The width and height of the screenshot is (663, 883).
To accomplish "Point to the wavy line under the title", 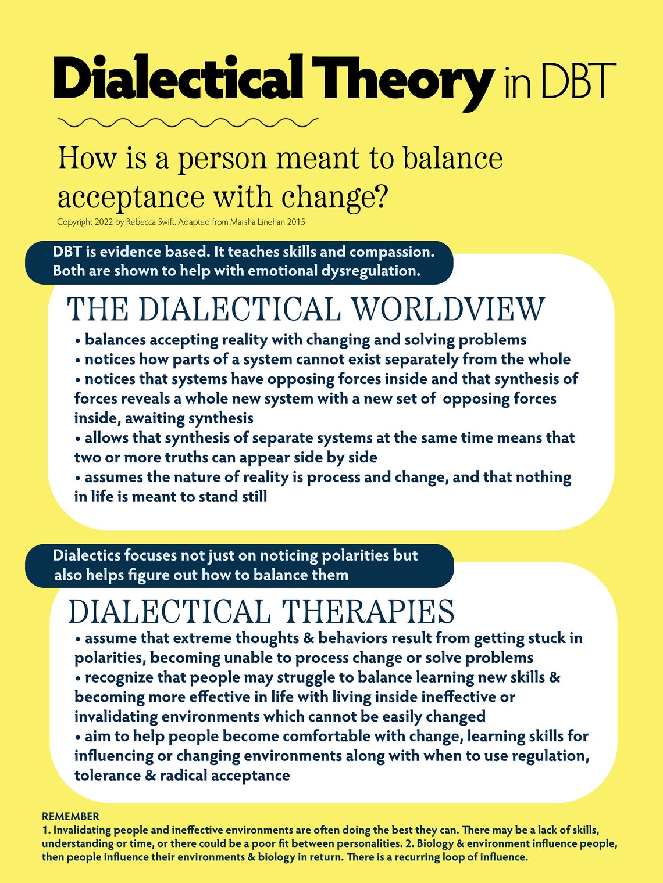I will click(188, 122).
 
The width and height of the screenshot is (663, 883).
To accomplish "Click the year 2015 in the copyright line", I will click(295, 222).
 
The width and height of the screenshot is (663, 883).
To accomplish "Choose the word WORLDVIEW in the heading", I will click(449, 309).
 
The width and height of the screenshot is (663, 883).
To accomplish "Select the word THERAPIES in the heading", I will click(368, 611).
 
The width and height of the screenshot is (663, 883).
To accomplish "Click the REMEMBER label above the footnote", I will click(70, 816).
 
